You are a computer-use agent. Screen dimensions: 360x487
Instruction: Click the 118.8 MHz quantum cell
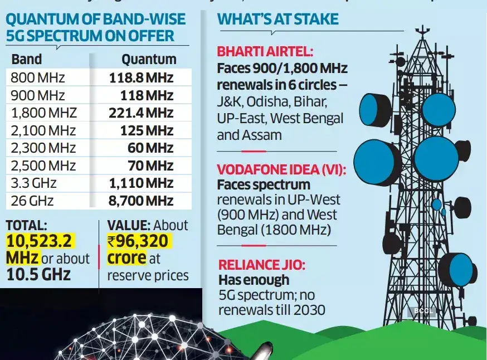(141, 77)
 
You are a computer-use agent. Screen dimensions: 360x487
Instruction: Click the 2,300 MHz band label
(38, 148)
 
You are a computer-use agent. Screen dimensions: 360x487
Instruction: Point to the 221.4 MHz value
(141, 113)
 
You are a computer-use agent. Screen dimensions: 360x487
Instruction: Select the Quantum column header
(149, 59)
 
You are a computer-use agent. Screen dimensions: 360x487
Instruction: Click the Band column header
(26, 59)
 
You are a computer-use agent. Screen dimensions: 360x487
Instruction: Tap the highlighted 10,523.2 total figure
(40, 241)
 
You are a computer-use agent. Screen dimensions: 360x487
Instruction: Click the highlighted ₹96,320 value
(139, 241)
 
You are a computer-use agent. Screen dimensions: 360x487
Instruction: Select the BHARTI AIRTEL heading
(265, 52)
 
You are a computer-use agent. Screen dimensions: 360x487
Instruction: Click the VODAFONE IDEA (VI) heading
(281, 169)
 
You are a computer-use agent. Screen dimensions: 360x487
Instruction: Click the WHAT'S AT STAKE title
(277, 19)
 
